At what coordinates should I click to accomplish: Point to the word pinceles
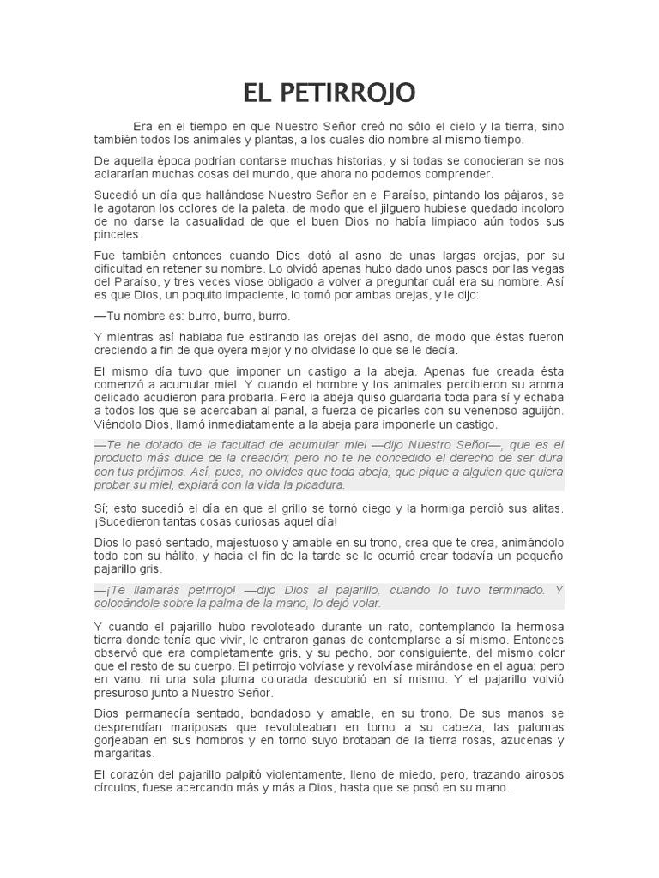117,233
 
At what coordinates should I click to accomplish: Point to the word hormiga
453,508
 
